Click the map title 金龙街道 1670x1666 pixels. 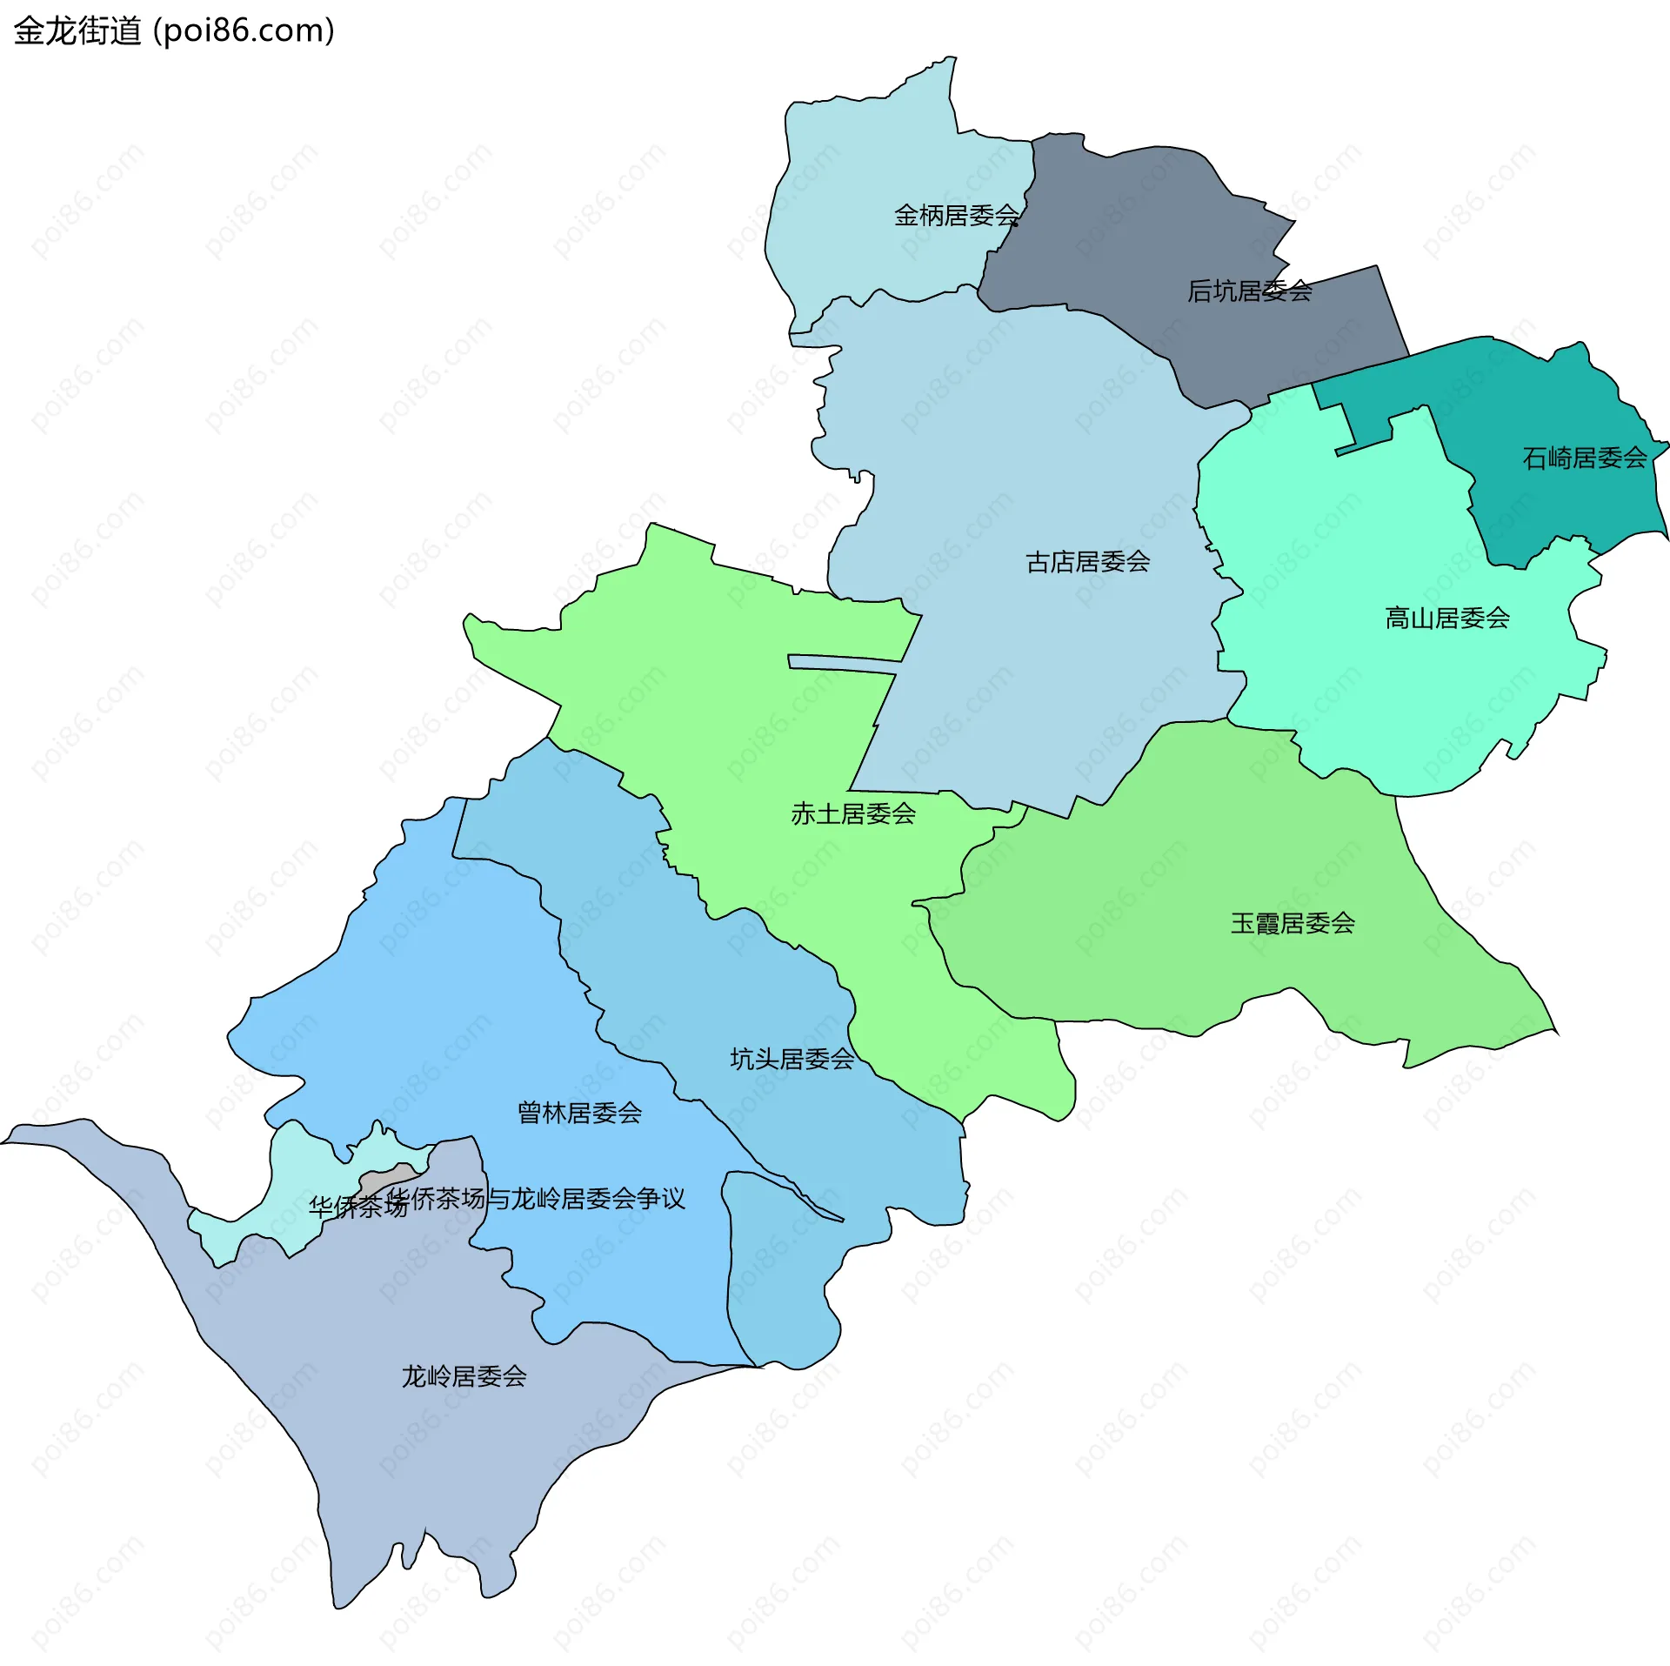coord(77,31)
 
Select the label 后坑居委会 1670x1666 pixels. coord(1249,291)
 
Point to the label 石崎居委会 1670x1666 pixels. coord(1584,458)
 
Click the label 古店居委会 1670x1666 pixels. coord(1087,562)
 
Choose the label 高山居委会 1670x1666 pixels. coord(1446,619)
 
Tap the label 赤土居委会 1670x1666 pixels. coord(852,813)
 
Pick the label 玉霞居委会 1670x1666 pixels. coord(1293,923)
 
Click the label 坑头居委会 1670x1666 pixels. coord(792,1059)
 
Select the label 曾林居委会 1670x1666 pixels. coord(579,1113)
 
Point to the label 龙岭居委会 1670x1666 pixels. coord(464,1376)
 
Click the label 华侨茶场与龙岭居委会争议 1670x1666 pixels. coord(536,1199)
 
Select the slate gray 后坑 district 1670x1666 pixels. coord(1131,244)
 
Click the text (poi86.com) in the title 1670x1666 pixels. coord(244,31)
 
